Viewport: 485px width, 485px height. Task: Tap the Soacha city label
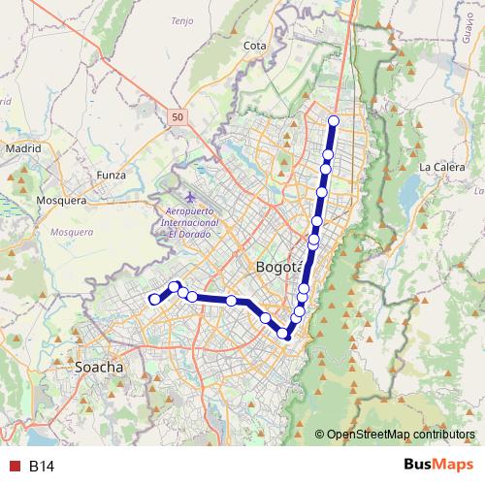point(100,368)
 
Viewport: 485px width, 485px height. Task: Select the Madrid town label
point(24,148)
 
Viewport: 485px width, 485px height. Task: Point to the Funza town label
point(112,175)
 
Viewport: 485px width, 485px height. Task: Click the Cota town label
point(256,46)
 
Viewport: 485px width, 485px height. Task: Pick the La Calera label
point(441,167)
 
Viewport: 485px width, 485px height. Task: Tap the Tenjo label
point(182,20)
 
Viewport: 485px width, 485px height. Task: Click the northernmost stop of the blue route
point(334,121)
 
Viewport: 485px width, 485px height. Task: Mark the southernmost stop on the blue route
point(284,335)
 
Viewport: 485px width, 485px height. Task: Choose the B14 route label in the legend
point(41,467)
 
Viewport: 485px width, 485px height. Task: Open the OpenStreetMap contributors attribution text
point(401,434)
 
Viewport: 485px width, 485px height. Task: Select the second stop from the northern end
point(328,155)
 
